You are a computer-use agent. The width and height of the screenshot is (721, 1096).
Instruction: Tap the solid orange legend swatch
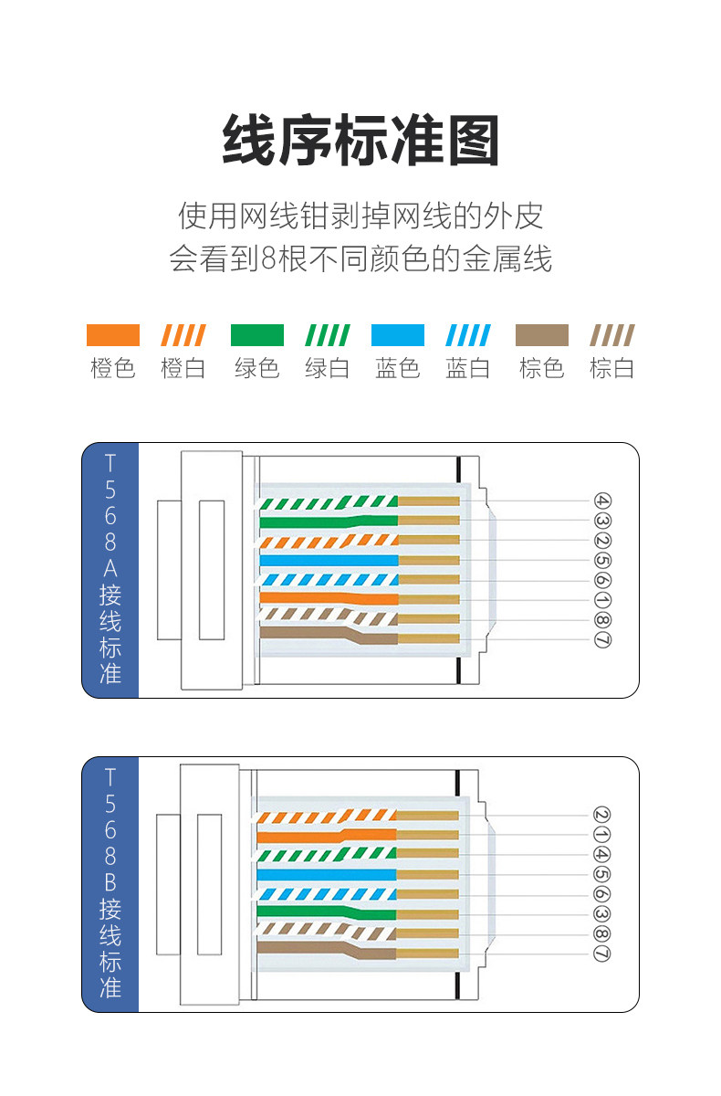112,335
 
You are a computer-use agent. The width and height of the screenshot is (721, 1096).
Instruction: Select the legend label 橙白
183,369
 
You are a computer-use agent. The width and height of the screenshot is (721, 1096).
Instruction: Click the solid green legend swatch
256,335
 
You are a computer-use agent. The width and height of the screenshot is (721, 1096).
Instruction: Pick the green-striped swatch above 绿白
327,335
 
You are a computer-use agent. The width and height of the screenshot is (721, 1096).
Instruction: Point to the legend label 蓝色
398,369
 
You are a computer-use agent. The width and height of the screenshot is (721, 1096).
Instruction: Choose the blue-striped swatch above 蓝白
468,335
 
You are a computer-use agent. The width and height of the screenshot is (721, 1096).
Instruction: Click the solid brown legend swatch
541,335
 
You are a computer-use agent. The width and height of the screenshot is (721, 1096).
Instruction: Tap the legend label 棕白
611,369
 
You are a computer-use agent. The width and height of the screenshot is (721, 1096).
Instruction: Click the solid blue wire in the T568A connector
329,560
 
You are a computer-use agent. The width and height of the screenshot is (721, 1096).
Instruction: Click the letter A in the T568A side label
110,568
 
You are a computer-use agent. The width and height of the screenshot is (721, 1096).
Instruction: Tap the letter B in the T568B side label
110,882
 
